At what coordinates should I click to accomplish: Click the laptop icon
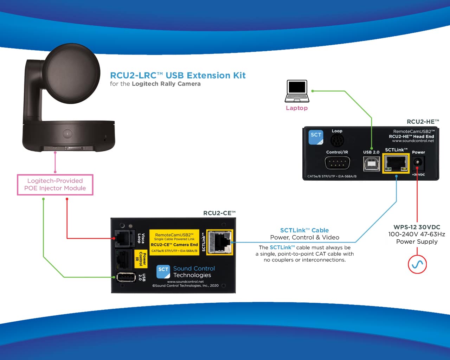[297, 91]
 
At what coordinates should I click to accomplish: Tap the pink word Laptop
[297, 108]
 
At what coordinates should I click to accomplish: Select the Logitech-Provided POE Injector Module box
[55, 185]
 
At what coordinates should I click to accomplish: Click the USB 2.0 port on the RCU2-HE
[371, 164]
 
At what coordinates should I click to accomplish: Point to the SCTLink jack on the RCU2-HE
[396, 163]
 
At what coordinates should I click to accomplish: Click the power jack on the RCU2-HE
[418, 162]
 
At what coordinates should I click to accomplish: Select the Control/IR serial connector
[337, 163]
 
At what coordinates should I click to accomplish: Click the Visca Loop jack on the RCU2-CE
[124, 238]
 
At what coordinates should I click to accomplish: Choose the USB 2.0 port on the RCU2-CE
[126, 277]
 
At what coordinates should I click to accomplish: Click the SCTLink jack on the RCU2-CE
[220, 242]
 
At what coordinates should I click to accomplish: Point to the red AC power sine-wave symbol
[417, 264]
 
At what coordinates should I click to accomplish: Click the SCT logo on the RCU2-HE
[316, 137]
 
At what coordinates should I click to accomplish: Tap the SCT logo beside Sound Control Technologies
[163, 272]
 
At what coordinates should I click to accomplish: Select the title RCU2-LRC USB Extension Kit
[178, 75]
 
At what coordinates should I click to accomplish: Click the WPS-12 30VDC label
[417, 227]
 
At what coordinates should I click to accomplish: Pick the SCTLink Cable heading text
[304, 230]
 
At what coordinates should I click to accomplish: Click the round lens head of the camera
[71, 73]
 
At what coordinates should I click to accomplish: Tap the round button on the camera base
[67, 134]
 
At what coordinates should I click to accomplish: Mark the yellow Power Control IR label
[141, 259]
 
